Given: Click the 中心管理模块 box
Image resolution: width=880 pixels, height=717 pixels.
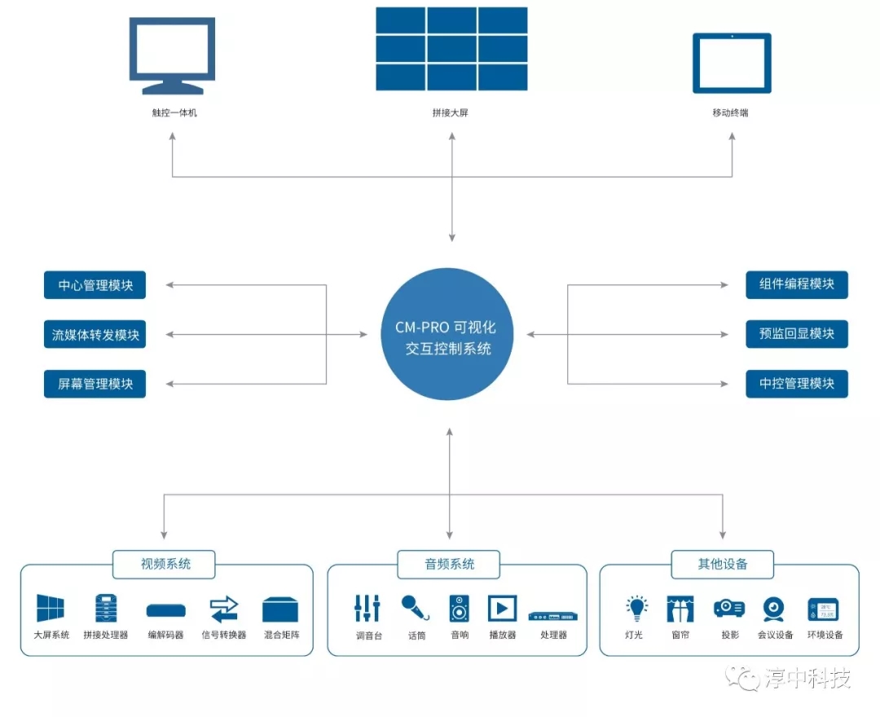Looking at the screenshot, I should pos(95,286).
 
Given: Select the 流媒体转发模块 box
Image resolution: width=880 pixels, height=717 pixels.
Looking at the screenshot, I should pos(95,335).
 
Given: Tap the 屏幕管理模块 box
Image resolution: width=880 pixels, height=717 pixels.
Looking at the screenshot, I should pos(95,384).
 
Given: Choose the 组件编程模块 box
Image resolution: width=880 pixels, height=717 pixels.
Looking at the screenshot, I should pos(796,284).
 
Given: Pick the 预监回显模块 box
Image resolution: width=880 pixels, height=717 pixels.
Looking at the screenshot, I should pos(796,334).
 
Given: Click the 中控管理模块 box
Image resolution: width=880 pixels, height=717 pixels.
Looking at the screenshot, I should pos(796,383).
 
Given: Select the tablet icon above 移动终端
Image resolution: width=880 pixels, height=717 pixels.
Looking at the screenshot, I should pos(731,63).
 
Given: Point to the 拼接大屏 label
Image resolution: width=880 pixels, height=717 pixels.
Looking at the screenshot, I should pos(451,112).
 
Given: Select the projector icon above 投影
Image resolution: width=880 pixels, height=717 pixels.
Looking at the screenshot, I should pos(728,608).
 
